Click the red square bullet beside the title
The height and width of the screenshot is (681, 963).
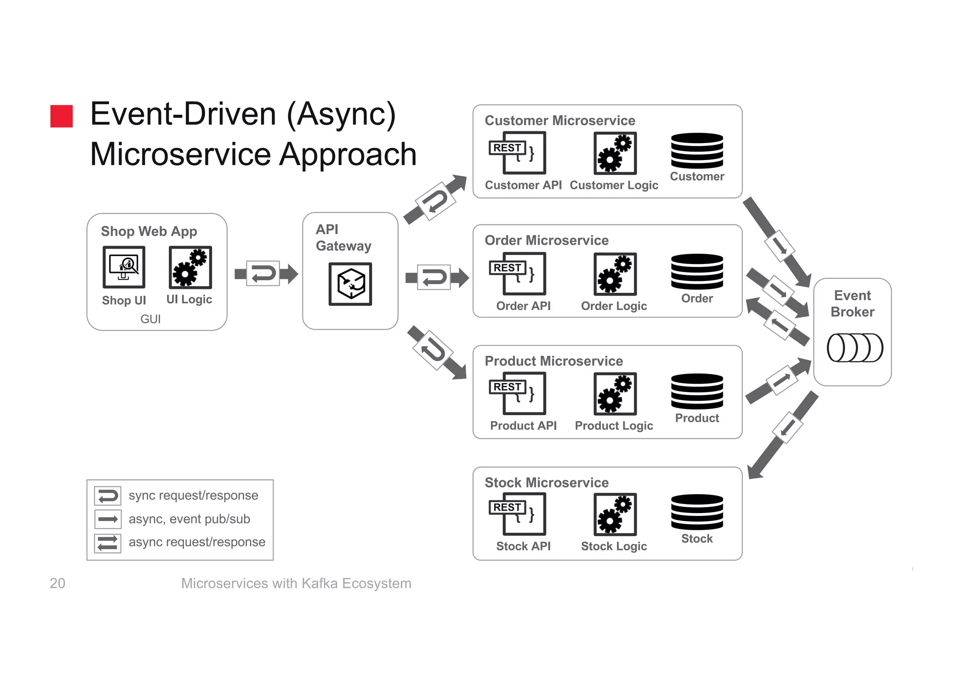tap(62, 116)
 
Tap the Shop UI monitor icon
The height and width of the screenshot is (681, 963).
tap(124, 267)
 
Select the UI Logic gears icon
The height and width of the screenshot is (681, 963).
tap(190, 267)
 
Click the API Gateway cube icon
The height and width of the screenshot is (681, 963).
tap(350, 284)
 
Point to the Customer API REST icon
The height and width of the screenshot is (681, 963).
tap(517, 152)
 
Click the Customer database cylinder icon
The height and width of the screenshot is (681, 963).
tap(697, 151)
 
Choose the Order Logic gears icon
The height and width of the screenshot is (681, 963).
tap(615, 274)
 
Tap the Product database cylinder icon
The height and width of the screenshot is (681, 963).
tap(697, 391)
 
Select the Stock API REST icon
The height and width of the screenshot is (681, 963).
tap(517, 513)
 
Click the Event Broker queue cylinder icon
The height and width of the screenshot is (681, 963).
tap(854, 348)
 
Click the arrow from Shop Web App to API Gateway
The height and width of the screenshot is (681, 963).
tap(266, 273)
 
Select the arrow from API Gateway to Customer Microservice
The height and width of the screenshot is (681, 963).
tap(435, 200)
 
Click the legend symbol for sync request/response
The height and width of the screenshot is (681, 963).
tap(108, 496)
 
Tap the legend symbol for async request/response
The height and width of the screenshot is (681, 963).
tap(108, 543)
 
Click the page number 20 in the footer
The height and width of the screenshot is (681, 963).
tap(57, 583)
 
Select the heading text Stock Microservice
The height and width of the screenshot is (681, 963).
tap(546, 482)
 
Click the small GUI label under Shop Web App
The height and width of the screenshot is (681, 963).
tap(150, 319)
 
